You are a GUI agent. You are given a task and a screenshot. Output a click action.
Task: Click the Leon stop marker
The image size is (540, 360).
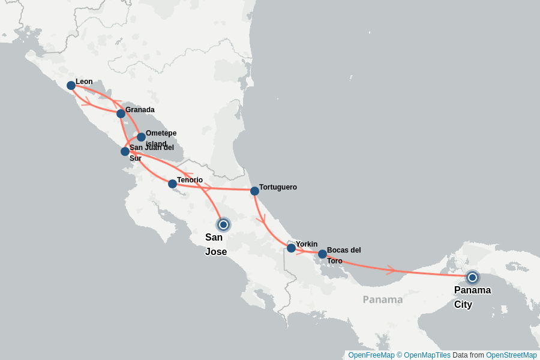click(x=71, y=85)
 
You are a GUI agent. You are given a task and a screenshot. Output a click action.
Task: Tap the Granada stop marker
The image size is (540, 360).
click(x=121, y=113)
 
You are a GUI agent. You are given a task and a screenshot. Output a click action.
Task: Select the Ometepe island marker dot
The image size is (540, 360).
click(x=141, y=137)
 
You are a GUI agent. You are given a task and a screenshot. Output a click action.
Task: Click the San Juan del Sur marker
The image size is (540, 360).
click(x=125, y=151)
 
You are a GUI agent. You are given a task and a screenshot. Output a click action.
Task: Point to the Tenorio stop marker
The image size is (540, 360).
click(x=172, y=184)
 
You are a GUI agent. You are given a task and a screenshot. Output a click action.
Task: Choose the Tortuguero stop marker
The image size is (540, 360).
click(x=254, y=191)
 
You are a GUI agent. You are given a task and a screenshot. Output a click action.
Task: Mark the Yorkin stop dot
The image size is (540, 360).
click(x=291, y=248)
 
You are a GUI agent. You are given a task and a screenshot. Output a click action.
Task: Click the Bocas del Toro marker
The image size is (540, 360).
click(x=322, y=254)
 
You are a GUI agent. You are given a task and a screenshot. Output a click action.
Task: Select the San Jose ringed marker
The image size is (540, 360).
click(x=223, y=224)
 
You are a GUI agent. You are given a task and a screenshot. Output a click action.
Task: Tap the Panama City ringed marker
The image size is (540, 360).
click(x=472, y=277)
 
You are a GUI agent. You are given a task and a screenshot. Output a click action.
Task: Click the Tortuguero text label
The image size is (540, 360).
click(x=278, y=187)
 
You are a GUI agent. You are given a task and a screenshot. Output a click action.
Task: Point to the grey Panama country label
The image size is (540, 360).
click(x=382, y=299)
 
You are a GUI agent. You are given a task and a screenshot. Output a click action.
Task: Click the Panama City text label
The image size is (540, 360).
click(x=472, y=297)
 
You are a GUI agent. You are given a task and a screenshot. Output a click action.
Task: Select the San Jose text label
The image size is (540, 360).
click(x=216, y=244)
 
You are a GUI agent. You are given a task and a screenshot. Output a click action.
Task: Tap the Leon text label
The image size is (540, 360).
click(x=84, y=82)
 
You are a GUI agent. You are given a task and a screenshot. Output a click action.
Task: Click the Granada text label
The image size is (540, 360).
click(x=140, y=110)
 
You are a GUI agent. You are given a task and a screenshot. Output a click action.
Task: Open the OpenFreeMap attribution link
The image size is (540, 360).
click(x=371, y=355)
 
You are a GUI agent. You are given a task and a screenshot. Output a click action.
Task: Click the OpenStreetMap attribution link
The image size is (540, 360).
click(x=511, y=355)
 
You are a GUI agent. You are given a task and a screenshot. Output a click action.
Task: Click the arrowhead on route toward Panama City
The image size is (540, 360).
click(x=391, y=270)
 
